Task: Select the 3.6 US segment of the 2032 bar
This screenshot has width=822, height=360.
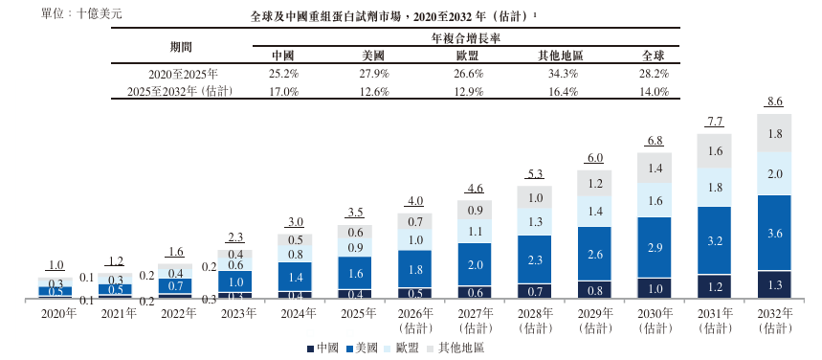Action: pyautogui.click(x=774, y=233)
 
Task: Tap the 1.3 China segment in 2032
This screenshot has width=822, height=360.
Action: pyautogui.click(x=774, y=285)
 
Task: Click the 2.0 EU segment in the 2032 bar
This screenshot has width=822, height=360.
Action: pyautogui.click(x=774, y=173)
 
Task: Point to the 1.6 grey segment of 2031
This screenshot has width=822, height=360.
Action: pyautogui.click(x=714, y=151)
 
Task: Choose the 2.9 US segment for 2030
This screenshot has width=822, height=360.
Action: pyautogui.click(x=655, y=247)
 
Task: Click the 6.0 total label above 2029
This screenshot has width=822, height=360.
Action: pyautogui.click(x=594, y=158)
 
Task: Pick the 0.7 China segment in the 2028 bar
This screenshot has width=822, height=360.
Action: pyautogui.click(x=535, y=291)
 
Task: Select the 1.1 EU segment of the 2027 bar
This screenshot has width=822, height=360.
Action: pyautogui.click(x=475, y=231)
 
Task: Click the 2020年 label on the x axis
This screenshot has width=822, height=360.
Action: pyautogui.click(x=56, y=314)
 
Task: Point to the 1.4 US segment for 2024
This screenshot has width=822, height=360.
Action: pyautogui.click(x=295, y=276)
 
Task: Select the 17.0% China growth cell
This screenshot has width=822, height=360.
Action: pyautogui.click(x=283, y=92)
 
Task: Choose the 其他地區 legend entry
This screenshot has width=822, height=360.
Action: pyautogui.click(x=455, y=348)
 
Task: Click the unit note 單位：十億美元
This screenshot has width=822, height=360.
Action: pyautogui.click(x=81, y=13)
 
